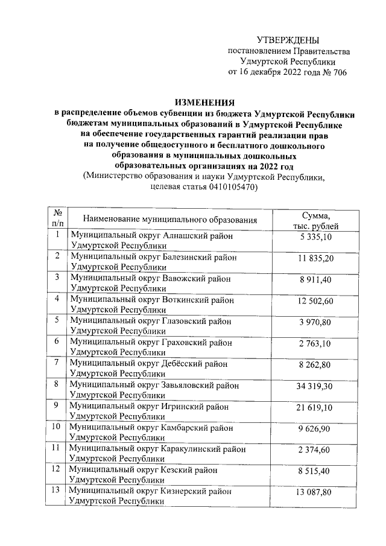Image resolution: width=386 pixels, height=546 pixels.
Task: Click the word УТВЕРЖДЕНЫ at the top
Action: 288,40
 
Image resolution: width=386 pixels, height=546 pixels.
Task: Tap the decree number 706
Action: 338,72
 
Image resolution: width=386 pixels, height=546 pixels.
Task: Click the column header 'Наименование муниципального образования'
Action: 171,220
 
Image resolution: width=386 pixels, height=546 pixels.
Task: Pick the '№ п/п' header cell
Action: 58,219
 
